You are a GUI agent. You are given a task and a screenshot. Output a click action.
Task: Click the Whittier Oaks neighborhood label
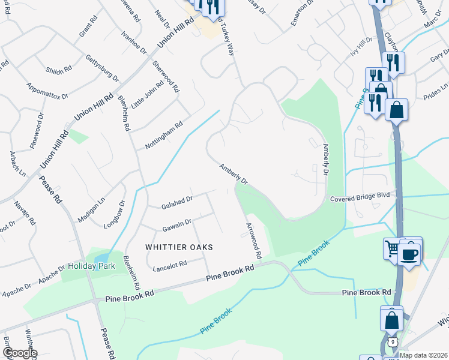coord(179,247)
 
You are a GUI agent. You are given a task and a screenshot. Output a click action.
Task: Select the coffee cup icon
coord(410,253)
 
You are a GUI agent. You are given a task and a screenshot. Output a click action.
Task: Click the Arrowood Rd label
coord(254,241)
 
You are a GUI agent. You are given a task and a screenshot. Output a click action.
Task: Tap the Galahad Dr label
coord(176,203)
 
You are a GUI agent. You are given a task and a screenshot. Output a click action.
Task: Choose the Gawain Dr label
coord(176,225)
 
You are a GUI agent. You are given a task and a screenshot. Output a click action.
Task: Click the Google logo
coord(19,353)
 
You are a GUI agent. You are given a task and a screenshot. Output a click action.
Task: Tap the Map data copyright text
coord(423,355)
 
